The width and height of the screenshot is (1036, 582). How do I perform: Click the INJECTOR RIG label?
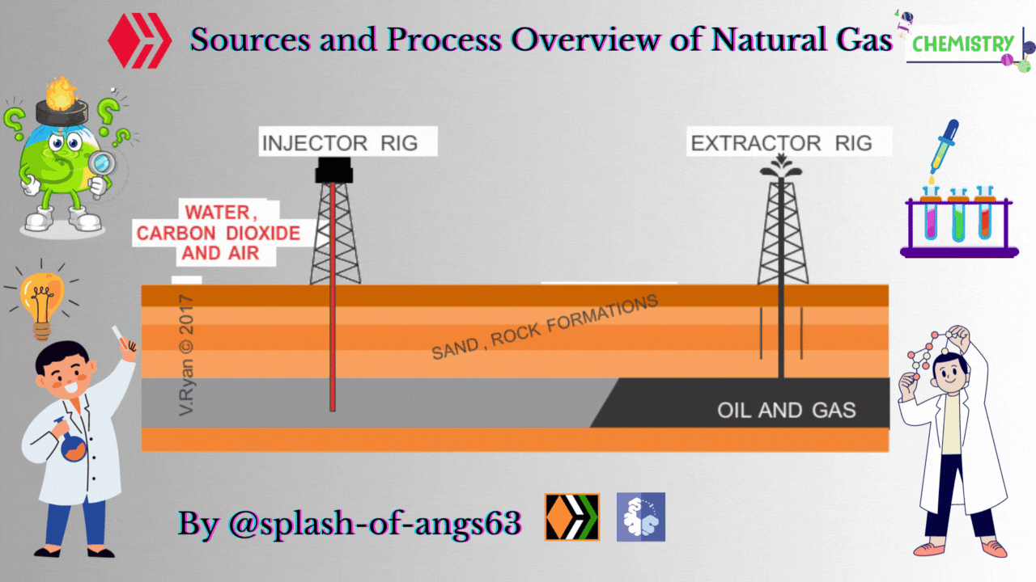[x=339, y=144]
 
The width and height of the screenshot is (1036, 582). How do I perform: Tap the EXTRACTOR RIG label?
[x=781, y=144]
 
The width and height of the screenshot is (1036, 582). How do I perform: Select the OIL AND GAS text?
[x=786, y=410]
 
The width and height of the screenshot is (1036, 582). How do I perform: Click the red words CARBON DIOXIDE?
[x=218, y=234]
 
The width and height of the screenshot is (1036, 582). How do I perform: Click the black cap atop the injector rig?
[x=333, y=170]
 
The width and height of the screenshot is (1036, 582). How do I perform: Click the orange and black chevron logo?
[x=572, y=517]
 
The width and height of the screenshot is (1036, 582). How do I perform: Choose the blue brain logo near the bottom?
[x=640, y=517]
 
